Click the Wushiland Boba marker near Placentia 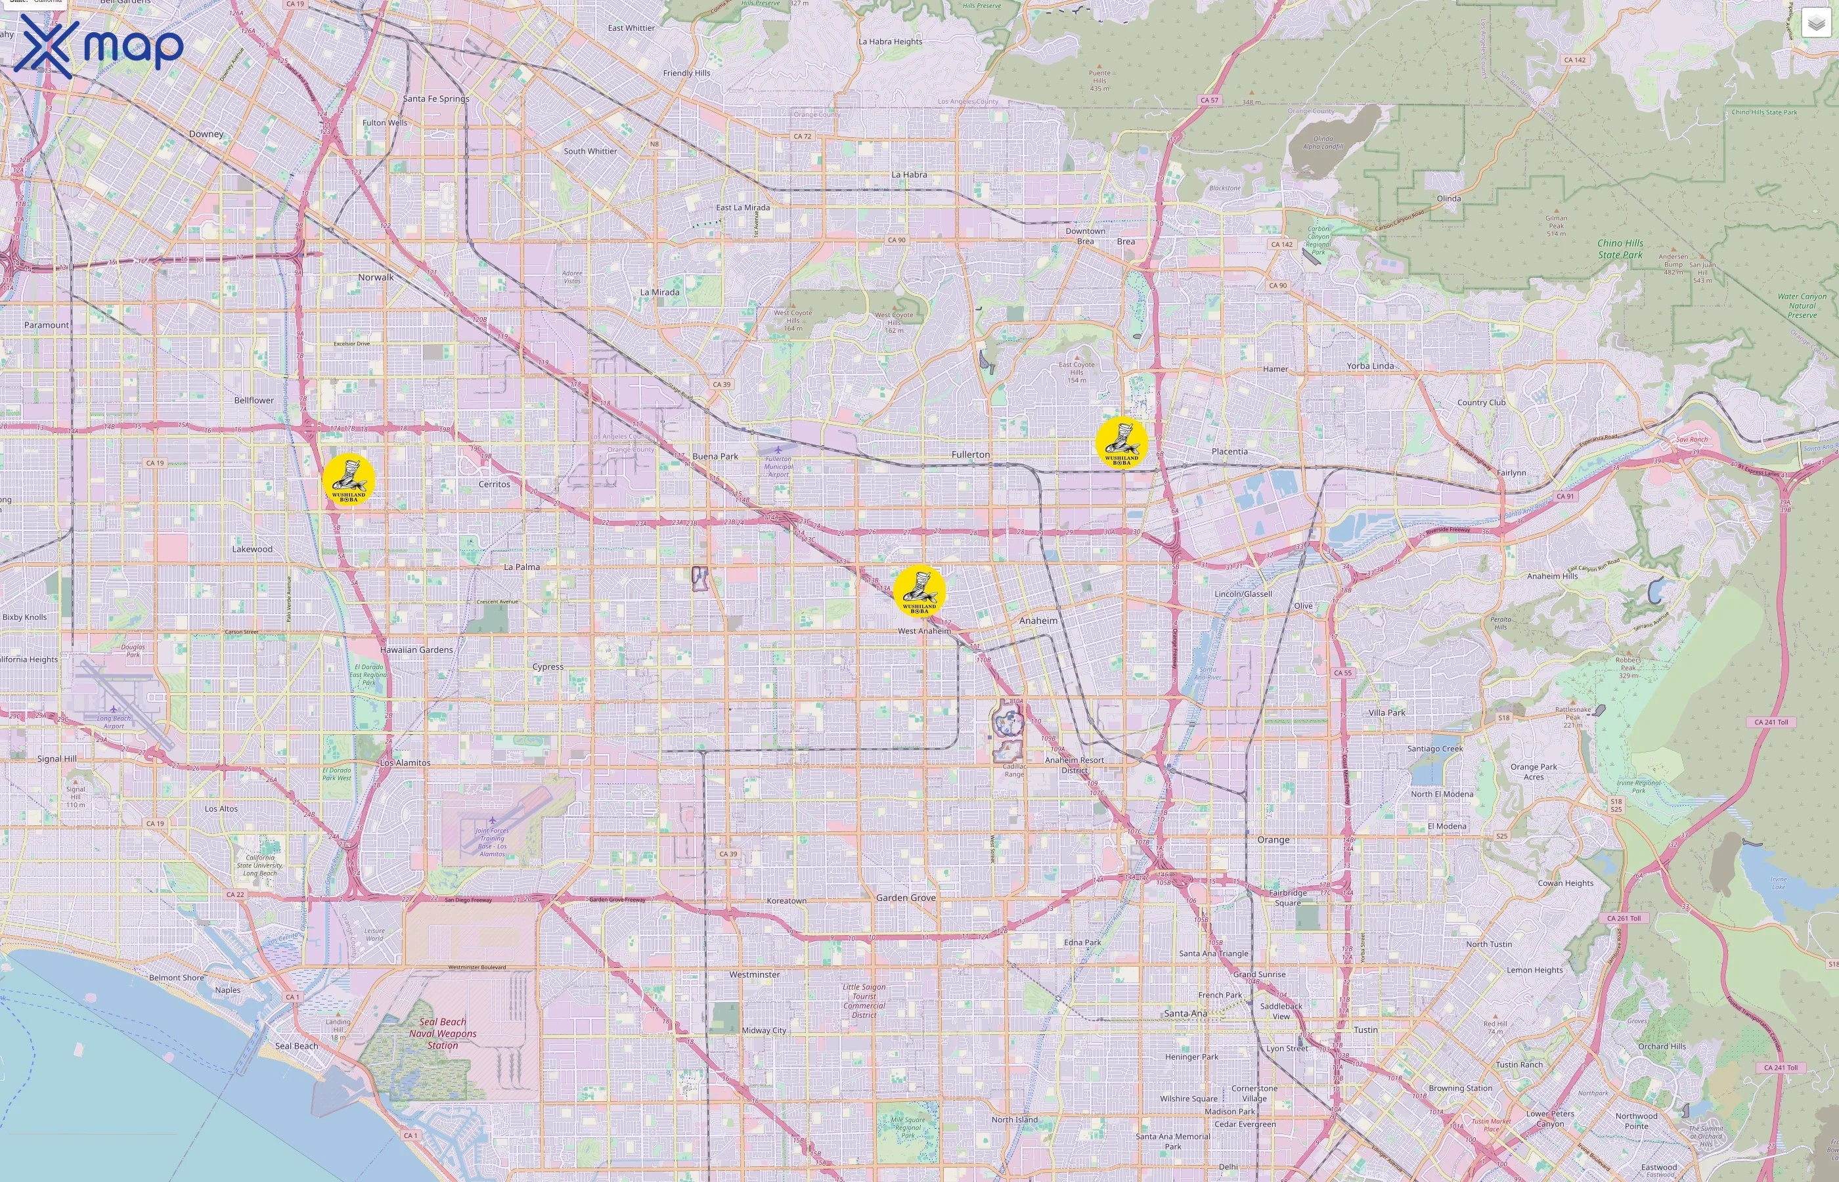pyautogui.click(x=1121, y=443)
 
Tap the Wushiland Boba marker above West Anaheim pyautogui.click(x=919, y=591)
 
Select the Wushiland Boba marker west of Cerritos pyautogui.click(x=349, y=480)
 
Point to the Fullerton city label pyautogui.click(x=970, y=454)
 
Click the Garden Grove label pyautogui.click(x=906, y=897)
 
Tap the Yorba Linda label pyautogui.click(x=1370, y=366)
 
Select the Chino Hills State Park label pyautogui.click(x=1620, y=249)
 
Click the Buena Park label pyautogui.click(x=715, y=456)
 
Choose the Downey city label pyautogui.click(x=206, y=133)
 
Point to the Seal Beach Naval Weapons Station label pyautogui.click(x=443, y=1033)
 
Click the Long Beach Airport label pyautogui.click(x=114, y=722)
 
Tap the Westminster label pyautogui.click(x=755, y=974)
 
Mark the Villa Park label pyautogui.click(x=1387, y=712)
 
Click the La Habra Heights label pyautogui.click(x=891, y=41)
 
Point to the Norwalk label pyautogui.click(x=375, y=277)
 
